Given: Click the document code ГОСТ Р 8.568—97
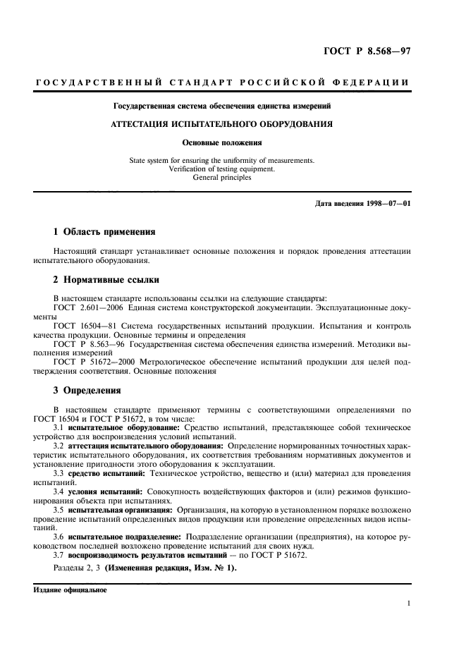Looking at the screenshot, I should tap(377, 51).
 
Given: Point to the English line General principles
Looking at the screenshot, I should tap(221, 178).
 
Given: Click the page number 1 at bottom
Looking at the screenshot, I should tap(409, 604).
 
